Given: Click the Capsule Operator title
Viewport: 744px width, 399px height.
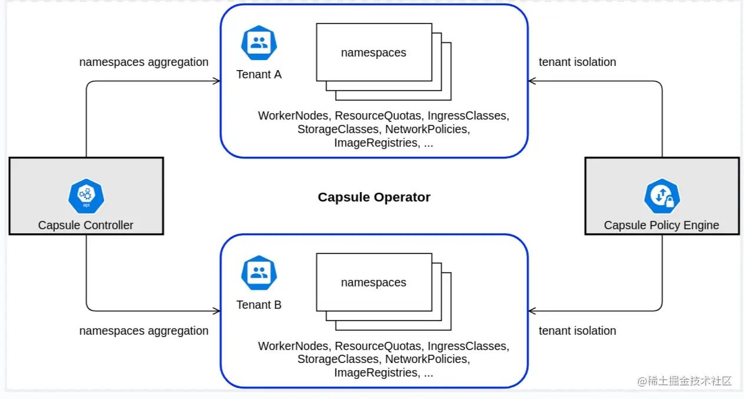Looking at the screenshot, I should [x=374, y=197].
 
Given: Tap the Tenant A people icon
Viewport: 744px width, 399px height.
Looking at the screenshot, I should [x=259, y=43].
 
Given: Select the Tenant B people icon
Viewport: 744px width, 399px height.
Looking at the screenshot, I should [x=259, y=273].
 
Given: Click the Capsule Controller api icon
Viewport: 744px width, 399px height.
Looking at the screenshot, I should [x=86, y=196].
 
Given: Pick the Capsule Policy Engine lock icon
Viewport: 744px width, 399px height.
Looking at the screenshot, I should [x=662, y=196].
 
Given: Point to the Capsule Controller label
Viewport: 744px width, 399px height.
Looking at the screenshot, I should [x=85, y=225].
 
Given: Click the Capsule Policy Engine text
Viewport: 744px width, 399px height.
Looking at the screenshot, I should [x=661, y=225].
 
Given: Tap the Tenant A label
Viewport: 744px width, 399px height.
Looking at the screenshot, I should [x=259, y=75].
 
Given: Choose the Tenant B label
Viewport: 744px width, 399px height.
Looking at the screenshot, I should [x=259, y=305].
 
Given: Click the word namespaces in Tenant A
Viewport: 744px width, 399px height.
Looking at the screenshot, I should [x=373, y=52].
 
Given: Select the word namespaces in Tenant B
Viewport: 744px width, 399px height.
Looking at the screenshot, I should [x=373, y=282].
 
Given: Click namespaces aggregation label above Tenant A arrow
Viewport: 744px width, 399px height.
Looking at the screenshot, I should [x=144, y=62].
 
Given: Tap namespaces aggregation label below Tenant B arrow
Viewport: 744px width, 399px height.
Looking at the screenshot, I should [x=144, y=331].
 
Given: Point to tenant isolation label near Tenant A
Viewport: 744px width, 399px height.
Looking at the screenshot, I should [x=577, y=62].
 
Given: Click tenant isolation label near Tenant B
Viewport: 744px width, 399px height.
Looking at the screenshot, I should [x=577, y=331].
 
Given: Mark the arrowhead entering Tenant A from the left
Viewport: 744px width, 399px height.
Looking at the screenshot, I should [x=216, y=81].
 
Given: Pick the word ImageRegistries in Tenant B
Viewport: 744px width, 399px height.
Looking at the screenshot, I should [x=376, y=372].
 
